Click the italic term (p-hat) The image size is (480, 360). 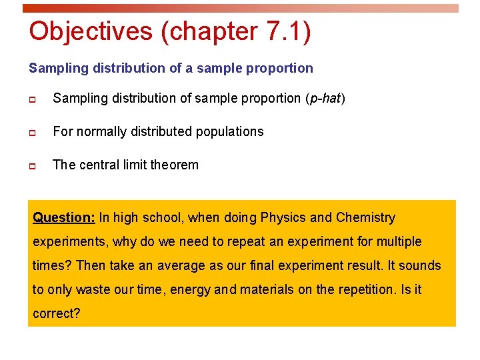pos(325,99)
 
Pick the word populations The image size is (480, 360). pos(228,132)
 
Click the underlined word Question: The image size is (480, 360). pos(64,218)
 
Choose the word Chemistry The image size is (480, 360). pos(365,218)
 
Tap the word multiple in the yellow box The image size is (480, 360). pos(398,242)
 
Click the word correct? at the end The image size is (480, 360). pos(56,313)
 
